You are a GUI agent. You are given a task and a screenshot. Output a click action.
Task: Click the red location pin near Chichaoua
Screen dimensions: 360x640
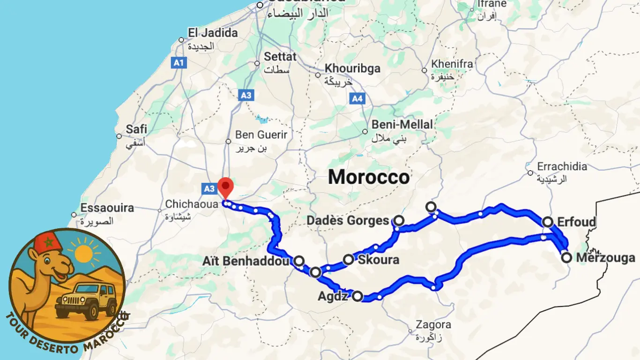tap(226, 188)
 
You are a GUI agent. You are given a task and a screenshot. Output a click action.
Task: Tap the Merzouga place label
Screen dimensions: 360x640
tap(605, 258)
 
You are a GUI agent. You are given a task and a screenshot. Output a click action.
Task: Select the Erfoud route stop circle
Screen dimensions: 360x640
tap(548, 222)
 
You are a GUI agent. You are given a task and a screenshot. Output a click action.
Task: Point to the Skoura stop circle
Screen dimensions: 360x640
tap(349, 259)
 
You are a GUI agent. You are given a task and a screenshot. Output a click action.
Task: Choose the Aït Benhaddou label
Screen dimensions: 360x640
tap(245, 261)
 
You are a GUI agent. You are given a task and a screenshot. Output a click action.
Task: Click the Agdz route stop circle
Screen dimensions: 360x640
tap(357, 296)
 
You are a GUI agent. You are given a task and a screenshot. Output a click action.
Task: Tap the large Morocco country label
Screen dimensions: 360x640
tap(369, 177)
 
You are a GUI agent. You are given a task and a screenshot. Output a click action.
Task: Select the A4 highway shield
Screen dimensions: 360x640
tap(357, 98)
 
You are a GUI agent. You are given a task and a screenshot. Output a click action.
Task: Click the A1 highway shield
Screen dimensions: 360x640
tap(179, 62)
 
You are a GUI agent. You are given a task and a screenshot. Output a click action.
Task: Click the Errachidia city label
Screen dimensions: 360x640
tap(562, 166)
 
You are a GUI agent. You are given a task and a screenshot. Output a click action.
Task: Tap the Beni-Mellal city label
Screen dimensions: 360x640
tap(402, 125)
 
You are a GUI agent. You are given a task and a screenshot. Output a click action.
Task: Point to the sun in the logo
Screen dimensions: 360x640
tap(83, 253)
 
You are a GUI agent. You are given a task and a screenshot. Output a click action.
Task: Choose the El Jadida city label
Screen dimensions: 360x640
tap(213, 33)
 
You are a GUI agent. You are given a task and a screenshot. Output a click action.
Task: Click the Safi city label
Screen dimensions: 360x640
tap(136, 129)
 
